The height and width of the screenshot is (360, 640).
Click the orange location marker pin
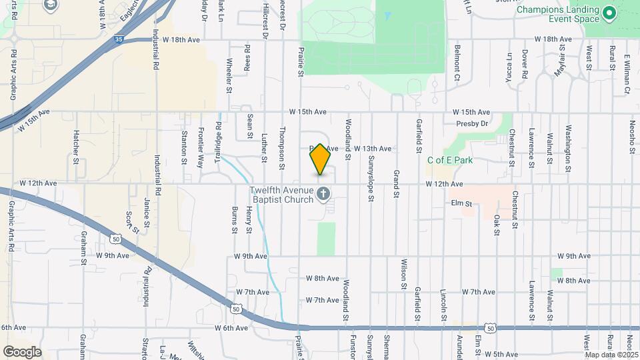click(320, 159)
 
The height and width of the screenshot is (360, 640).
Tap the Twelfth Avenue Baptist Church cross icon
click(323, 195)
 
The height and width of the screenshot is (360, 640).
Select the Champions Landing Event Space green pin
click(608, 13)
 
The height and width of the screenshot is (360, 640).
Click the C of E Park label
click(450, 160)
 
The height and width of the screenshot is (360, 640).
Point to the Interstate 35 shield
click(117, 40)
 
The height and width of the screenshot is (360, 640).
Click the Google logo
click(22, 351)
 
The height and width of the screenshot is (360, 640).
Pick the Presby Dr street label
click(473, 123)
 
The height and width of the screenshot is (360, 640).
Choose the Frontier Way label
click(201, 147)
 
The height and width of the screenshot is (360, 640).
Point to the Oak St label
click(497, 224)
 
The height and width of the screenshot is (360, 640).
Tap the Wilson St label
click(404, 274)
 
